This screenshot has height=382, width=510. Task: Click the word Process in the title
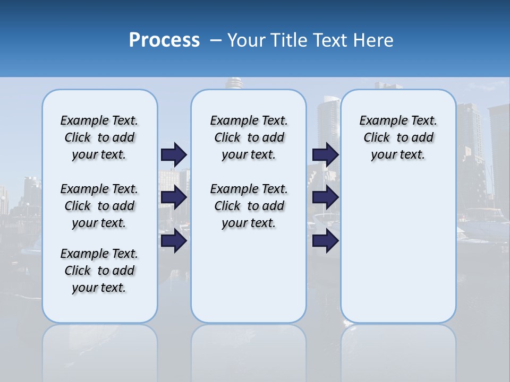164,40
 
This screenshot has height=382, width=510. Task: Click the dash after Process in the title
216,40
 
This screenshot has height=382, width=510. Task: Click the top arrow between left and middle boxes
174,154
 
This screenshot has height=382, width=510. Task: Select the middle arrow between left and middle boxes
174,197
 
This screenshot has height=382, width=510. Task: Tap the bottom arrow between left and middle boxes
174,241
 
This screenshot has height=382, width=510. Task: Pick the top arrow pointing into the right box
326,154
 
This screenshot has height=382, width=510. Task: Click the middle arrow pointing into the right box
326,197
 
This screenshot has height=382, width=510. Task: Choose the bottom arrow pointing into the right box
326,241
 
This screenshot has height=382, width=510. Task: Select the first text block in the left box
99,137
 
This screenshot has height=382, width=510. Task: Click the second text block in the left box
99,206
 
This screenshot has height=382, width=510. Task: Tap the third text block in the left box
99,271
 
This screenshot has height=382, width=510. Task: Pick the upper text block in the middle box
249,137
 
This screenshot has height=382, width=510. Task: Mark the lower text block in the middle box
249,206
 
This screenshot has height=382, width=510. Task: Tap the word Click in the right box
377,138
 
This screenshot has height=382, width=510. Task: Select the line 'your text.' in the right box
398,155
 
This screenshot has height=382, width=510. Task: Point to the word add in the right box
423,138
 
